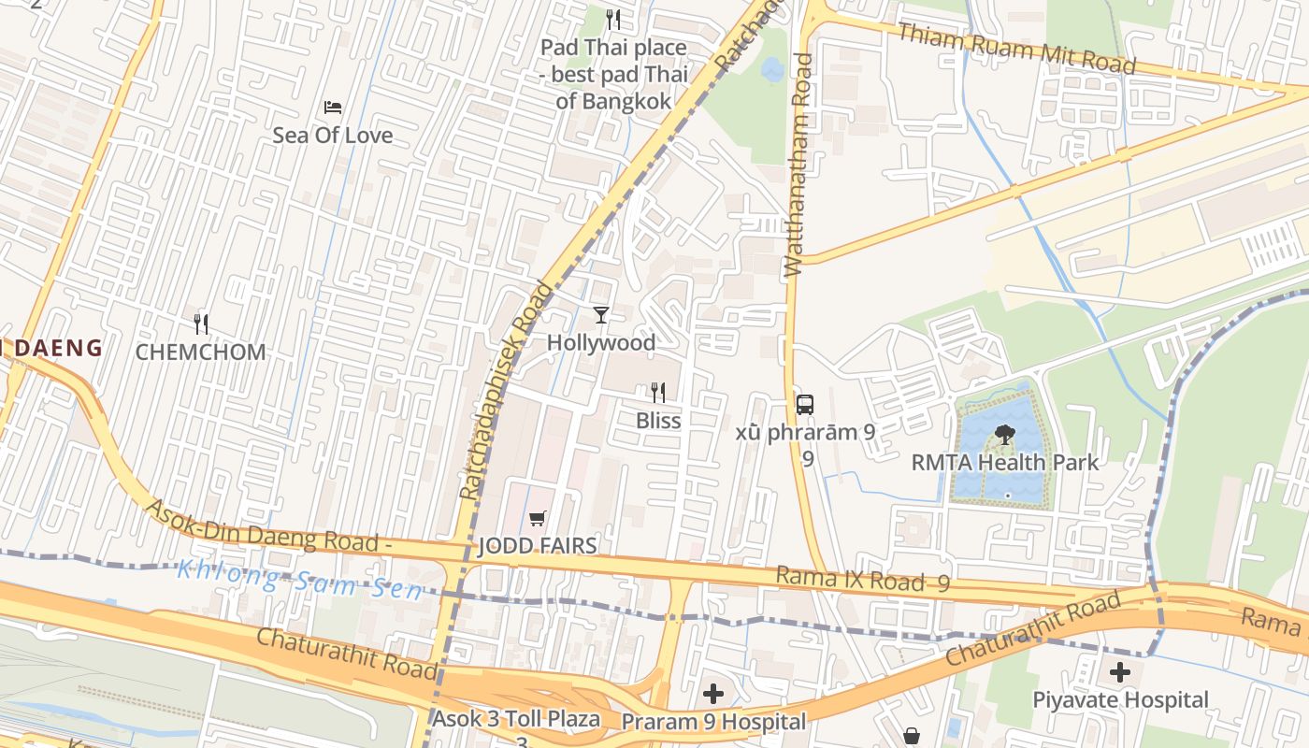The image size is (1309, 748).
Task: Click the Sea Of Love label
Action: click(x=332, y=136)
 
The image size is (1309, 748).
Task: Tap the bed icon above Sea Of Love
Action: click(x=332, y=108)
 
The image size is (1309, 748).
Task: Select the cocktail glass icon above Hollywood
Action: click(x=601, y=315)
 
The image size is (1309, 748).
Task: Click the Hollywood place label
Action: click(x=601, y=343)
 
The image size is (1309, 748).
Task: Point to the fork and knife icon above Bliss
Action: click(x=658, y=393)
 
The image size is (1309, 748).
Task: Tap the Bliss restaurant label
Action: click(x=658, y=421)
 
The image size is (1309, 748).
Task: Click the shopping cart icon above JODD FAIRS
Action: click(x=538, y=518)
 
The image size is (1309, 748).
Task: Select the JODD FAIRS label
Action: click(x=538, y=546)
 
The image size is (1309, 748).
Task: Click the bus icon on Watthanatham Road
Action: click(x=804, y=404)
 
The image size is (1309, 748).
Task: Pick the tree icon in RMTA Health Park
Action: click(x=1005, y=434)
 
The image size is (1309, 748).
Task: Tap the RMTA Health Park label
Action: click(x=1005, y=462)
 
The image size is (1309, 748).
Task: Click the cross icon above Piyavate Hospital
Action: click(x=1120, y=671)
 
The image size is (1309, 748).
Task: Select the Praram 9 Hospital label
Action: click(x=713, y=722)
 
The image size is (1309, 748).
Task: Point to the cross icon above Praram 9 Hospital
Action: click(x=713, y=694)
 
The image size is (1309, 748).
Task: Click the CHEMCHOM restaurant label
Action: click(x=201, y=352)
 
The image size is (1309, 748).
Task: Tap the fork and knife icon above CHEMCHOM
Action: click(x=201, y=324)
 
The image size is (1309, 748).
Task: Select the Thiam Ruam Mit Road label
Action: click(x=1016, y=49)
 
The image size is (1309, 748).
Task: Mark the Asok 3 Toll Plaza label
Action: click(x=515, y=720)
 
